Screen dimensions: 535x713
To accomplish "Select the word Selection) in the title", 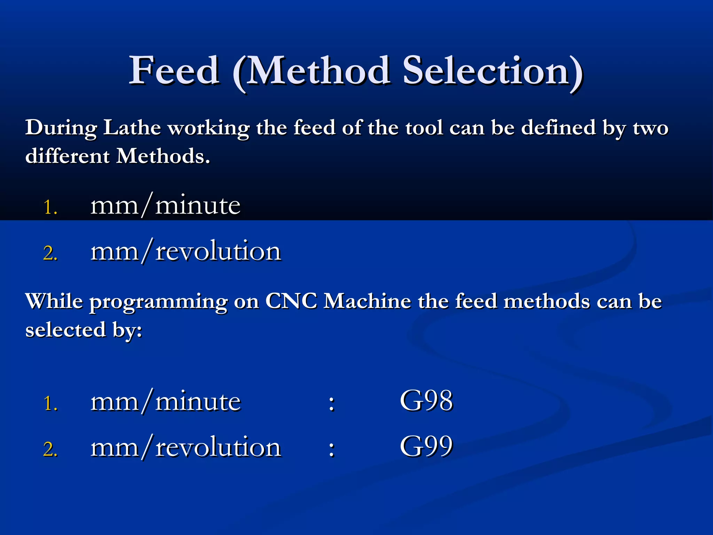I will click(x=493, y=71).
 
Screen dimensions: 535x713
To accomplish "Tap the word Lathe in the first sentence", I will click(x=132, y=127).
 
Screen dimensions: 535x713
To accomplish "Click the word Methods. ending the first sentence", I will click(x=163, y=156).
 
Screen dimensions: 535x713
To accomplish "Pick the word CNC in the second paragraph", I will click(x=291, y=301).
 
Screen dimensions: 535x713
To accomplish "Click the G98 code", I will click(x=426, y=401).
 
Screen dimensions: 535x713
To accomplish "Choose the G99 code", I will click(x=426, y=446).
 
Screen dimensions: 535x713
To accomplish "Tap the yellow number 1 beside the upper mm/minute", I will click(x=50, y=208).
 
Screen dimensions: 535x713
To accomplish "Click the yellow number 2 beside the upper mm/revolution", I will click(x=50, y=253).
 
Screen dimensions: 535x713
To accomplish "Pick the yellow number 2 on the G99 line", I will click(x=50, y=449).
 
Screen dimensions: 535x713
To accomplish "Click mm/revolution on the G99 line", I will click(x=186, y=448).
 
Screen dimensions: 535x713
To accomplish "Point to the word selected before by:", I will click(x=65, y=329).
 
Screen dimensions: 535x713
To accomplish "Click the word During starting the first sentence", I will click(x=61, y=128).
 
